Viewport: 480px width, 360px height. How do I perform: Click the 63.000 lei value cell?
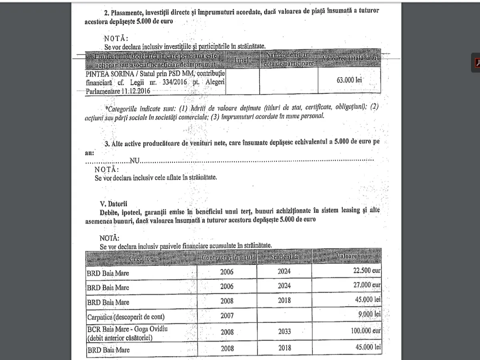(349, 80)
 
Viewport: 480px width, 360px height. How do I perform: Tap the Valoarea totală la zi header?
(349, 59)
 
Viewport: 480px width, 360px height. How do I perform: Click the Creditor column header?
(141, 258)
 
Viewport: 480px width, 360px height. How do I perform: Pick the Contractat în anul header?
(227, 258)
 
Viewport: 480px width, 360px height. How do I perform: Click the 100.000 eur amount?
(362, 332)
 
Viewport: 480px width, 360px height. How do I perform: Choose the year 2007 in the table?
(227, 316)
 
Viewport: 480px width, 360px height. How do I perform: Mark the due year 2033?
(284, 332)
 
